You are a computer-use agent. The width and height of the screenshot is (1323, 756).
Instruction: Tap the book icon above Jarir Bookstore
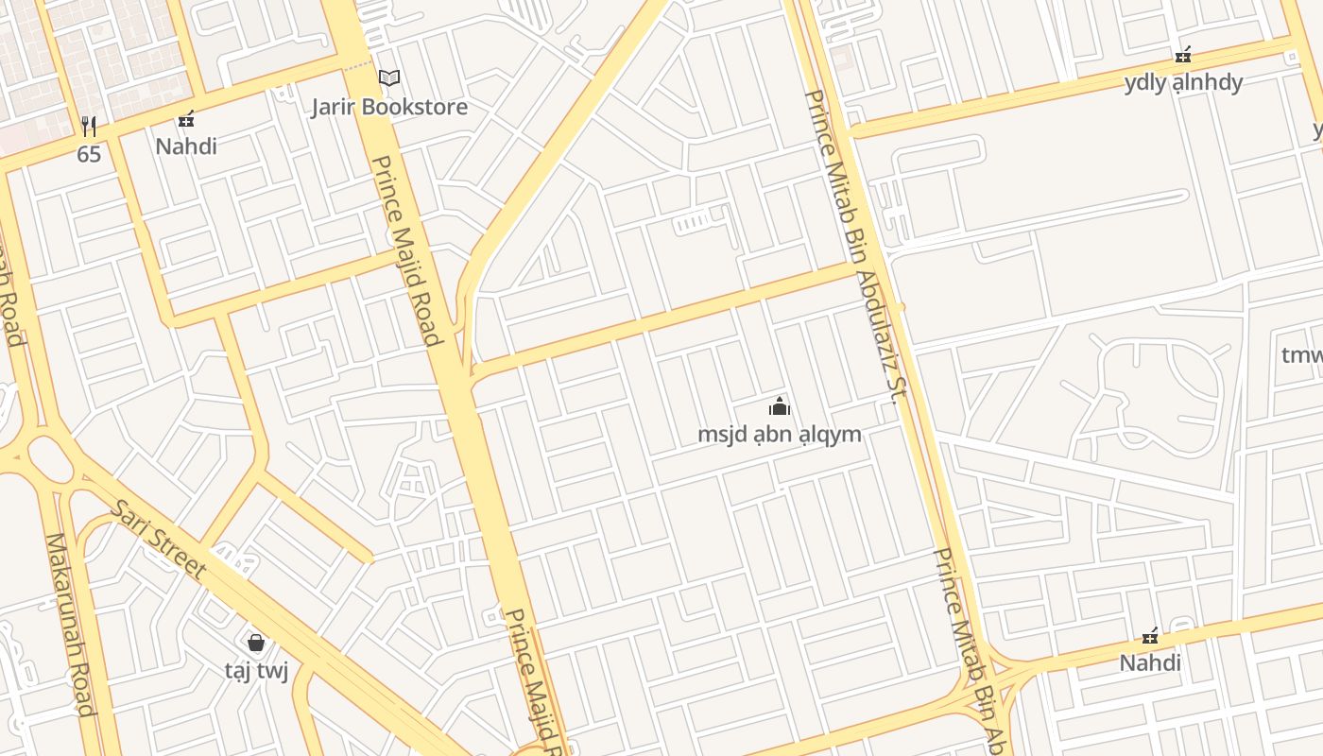pos(389,77)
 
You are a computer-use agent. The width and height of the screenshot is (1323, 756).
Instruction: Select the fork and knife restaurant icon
pos(89,126)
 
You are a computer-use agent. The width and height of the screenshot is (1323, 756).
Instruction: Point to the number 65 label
pos(89,154)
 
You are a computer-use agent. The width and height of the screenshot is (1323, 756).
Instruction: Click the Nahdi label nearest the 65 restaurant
pos(186,146)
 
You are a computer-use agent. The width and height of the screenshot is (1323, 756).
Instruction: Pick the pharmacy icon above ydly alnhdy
pos(1183,55)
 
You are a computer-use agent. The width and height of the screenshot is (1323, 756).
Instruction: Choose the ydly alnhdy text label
pos(1183,82)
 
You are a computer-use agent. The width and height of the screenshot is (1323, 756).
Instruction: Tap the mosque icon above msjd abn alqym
pos(780,407)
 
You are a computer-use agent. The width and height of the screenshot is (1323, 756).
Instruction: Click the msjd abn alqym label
pos(780,435)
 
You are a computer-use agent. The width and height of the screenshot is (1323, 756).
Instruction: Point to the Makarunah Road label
pos(71,624)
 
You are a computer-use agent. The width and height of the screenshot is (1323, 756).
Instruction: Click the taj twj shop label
pos(256,671)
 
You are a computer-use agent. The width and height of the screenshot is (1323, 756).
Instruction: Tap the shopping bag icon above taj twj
pos(256,643)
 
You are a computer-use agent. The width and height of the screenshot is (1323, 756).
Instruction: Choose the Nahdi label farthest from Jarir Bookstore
pos(1150,662)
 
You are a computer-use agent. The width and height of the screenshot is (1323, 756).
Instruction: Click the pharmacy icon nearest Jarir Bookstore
pos(186,119)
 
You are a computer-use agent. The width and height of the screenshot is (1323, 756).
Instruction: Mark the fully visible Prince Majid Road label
pos(407,250)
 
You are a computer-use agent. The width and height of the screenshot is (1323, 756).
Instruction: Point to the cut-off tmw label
pos(1301,355)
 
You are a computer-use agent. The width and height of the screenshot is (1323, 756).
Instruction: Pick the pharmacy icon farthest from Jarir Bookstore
pos(1150,635)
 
